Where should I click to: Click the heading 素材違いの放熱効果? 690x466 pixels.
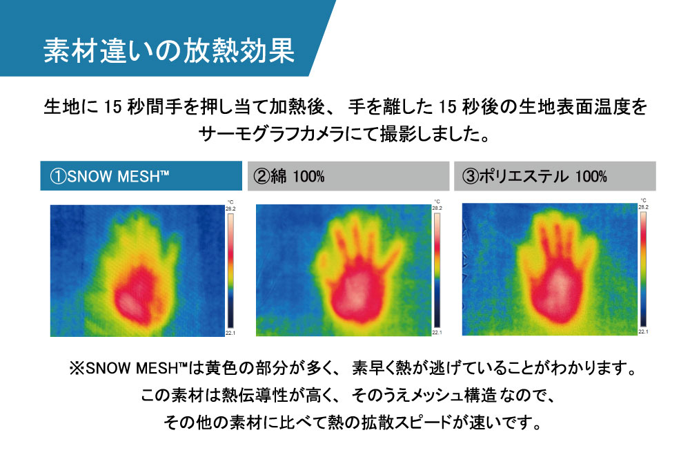coord(169,50)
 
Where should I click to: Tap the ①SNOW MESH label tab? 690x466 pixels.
coord(141,176)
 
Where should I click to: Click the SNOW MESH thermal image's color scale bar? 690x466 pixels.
coord(230,271)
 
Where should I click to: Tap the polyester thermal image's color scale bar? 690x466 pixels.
coord(643,269)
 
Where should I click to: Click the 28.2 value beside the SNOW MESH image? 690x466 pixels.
coord(230,208)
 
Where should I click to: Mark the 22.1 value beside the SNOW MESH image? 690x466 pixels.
coord(230,333)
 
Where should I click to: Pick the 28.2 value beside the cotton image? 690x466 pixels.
coord(437,208)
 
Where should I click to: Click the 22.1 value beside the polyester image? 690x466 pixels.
coord(643,331)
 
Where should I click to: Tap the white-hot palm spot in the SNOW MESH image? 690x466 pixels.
coord(128,302)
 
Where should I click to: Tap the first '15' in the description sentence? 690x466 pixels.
coord(112,107)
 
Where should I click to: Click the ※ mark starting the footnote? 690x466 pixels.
coord(77,368)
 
